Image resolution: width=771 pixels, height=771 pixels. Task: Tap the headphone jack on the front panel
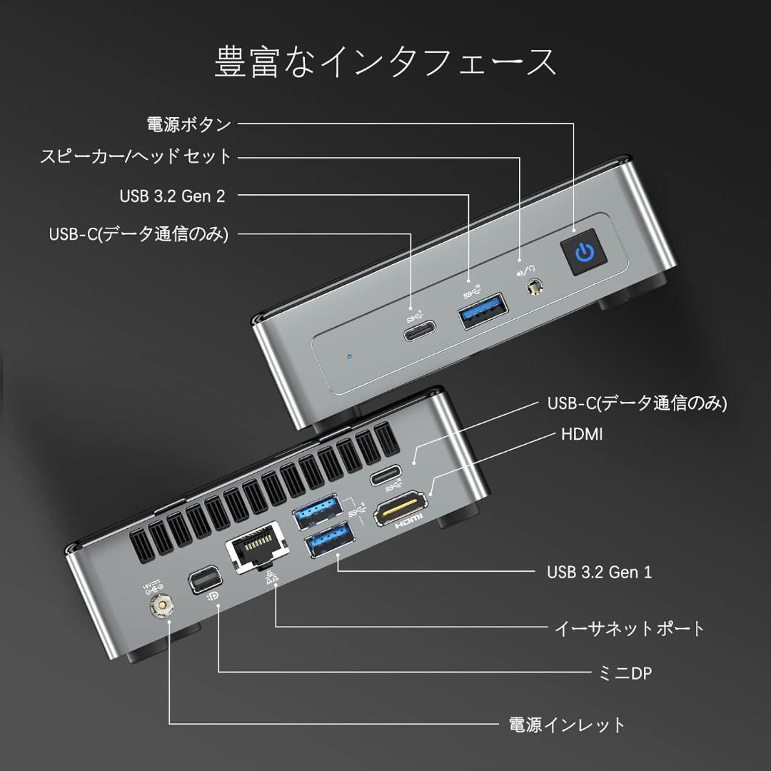point(533,290)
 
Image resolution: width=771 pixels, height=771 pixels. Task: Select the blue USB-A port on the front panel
point(483,311)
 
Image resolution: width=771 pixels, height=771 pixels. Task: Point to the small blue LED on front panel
point(348,355)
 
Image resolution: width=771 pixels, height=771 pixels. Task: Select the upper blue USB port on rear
point(321,510)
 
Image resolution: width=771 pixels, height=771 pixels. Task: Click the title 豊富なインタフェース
point(385,62)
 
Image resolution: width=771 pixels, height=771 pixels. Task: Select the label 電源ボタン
point(188,124)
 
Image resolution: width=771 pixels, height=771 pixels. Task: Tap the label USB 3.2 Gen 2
point(172,196)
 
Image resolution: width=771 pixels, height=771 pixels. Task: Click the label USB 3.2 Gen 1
point(599,572)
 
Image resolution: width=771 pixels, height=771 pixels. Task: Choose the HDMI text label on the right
point(582,434)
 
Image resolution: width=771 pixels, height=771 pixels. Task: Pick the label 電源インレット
point(566,725)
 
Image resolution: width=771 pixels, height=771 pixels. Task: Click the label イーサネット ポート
point(629,628)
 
